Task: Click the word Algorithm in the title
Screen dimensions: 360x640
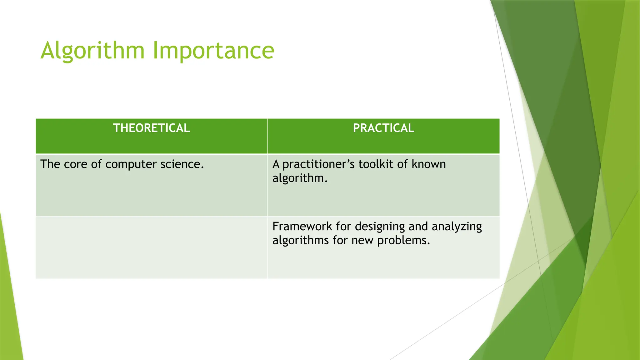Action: coord(92,51)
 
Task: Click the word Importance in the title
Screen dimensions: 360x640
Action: coord(213,51)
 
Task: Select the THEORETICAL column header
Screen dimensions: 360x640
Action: coord(151,128)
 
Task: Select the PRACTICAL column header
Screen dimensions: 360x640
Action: coord(383,128)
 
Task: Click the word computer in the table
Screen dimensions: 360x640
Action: coord(131,164)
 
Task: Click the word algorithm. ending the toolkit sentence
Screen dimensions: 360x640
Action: coord(300,178)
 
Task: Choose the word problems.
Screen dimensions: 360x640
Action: coord(403,241)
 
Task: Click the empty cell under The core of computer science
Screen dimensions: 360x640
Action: coord(151,247)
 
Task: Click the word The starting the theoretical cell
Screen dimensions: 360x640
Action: coord(50,164)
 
